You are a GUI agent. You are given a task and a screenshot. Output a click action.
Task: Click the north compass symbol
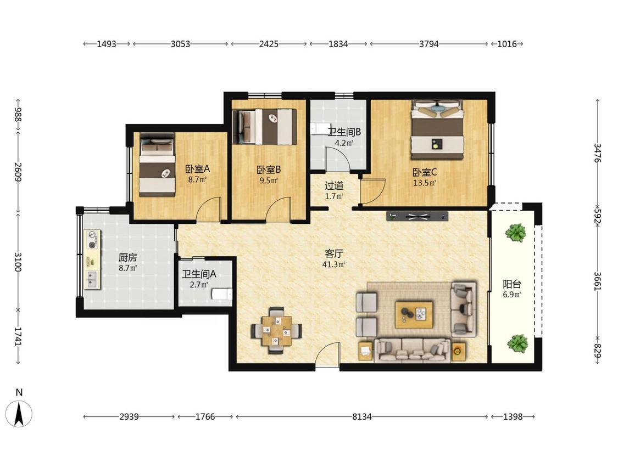point(19,409)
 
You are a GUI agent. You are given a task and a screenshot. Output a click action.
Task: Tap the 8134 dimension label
point(362,416)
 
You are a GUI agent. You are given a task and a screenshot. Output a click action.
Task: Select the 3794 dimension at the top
point(429,44)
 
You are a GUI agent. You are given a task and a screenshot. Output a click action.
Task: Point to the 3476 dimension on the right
point(598,153)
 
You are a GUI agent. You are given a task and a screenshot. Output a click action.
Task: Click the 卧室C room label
point(425,172)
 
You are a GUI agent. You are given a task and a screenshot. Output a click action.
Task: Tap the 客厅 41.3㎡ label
point(334,258)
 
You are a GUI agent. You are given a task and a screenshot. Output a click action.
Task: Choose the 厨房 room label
point(127,257)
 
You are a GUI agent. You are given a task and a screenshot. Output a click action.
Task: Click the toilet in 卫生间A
point(221,293)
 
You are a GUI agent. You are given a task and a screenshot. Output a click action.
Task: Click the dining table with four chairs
point(277,330)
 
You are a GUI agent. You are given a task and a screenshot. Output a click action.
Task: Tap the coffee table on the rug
point(414,314)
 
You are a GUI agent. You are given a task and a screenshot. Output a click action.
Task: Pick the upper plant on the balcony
point(516,232)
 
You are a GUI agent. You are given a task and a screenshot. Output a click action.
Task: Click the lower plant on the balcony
point(517,343)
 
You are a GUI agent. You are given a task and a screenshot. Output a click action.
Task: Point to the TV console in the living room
point(417,216)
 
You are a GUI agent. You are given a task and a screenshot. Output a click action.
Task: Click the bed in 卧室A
point(157,165)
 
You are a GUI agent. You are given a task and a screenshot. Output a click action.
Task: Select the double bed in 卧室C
point(437,129)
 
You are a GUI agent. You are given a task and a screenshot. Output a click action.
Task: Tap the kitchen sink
point(92,279)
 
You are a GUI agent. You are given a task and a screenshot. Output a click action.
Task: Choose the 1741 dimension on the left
point(18,336)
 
